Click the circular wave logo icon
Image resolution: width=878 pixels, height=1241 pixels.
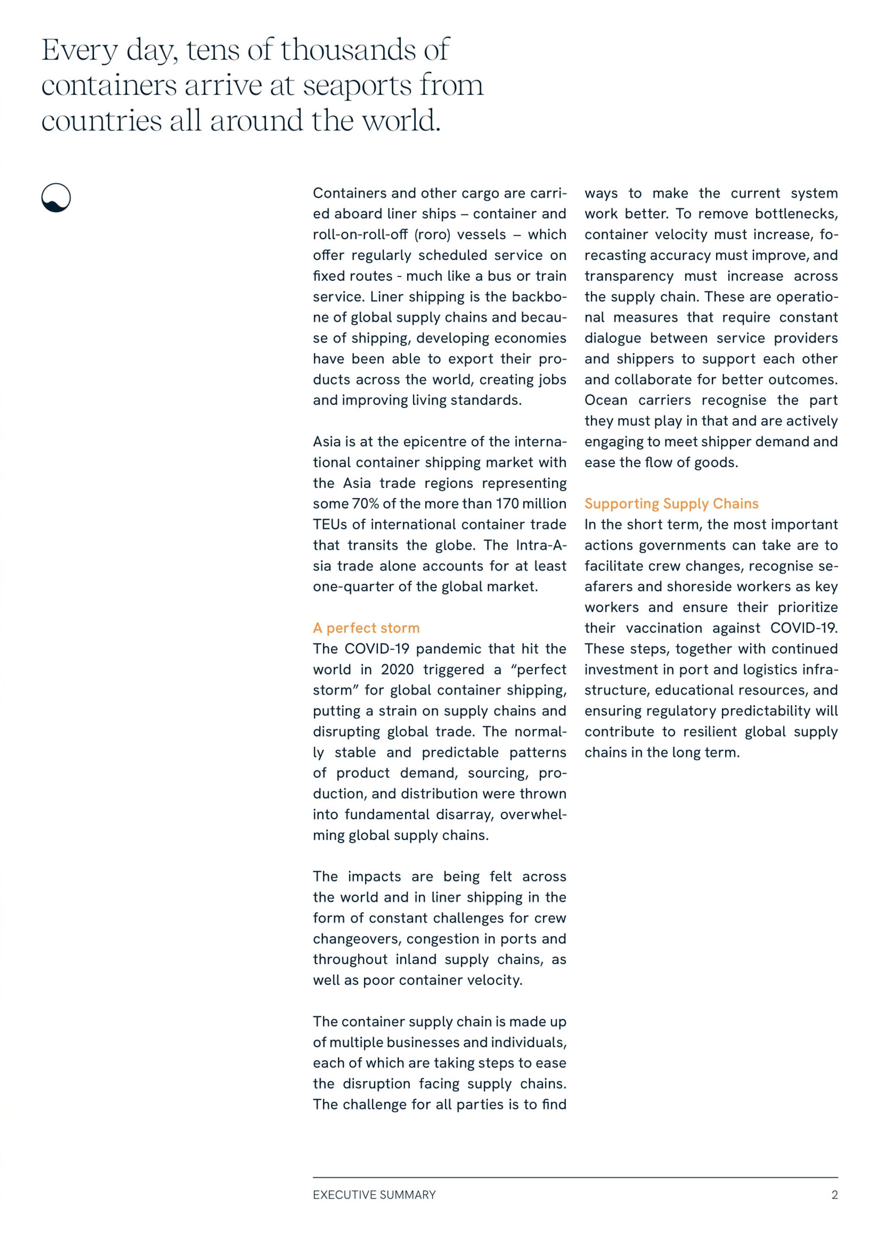tap(56, 198)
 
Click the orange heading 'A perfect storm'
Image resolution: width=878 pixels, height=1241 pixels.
tap(366, 628)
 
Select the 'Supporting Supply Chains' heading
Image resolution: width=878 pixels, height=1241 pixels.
tap(671, 504)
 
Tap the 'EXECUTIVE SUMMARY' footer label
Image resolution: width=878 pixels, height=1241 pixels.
tap(374, 1195)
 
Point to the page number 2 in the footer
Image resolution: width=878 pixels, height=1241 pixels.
tap(834, 1195)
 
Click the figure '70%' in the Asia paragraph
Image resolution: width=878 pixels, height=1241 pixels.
tap(365, 504)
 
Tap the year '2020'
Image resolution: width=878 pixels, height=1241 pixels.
tap(398, 670)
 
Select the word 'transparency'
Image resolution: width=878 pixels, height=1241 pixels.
tap(629, 276)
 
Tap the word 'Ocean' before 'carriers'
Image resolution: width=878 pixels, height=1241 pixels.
tap(606, 401)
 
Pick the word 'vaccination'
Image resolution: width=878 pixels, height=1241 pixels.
tap(665, 628)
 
